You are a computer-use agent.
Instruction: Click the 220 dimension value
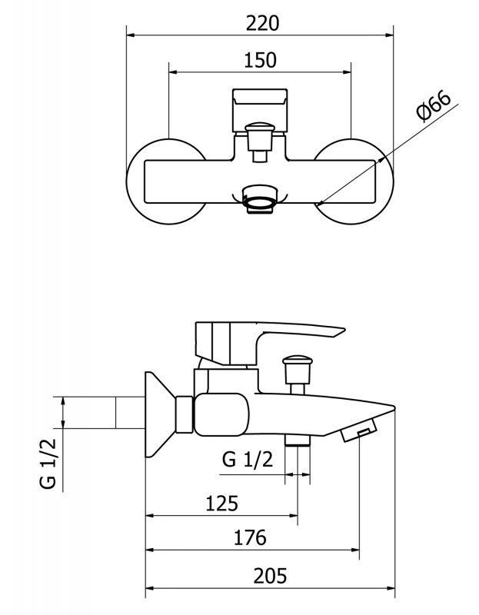click(262, 24)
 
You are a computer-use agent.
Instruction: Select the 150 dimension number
click(260, 61)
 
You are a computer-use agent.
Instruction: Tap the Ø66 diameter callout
click(434, 106)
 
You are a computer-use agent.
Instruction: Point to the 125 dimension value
click(222, 504)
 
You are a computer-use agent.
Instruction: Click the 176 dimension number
click(250, 537)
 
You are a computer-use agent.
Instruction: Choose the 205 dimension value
click(270, 576)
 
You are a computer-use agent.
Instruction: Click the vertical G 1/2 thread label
click(48, 464)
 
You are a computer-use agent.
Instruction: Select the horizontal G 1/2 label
click(247, 459)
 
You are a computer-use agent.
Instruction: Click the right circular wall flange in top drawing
click(387, 181)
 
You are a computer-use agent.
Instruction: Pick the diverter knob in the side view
click(298, 369)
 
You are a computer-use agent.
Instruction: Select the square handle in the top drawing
click(260, 110)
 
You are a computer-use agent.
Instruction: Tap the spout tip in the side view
click(393, 407)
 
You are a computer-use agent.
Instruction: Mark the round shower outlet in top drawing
click(259, 199)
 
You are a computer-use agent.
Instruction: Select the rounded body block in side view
click(221, 414)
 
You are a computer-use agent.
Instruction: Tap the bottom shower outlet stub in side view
click(297, 440)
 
